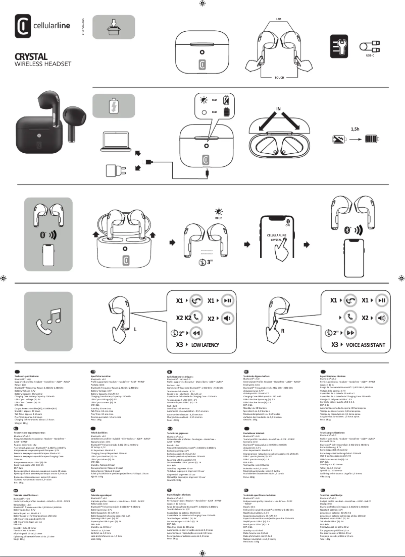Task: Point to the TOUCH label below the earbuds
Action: pos(279,78)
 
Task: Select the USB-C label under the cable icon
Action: pos(370,55)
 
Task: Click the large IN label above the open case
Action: pos(278,109)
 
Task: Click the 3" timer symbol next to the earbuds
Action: pos(205,262)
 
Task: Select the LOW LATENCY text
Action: pos(205,345)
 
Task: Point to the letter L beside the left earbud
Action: pos(135,329)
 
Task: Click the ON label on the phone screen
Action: pos(287,225)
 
